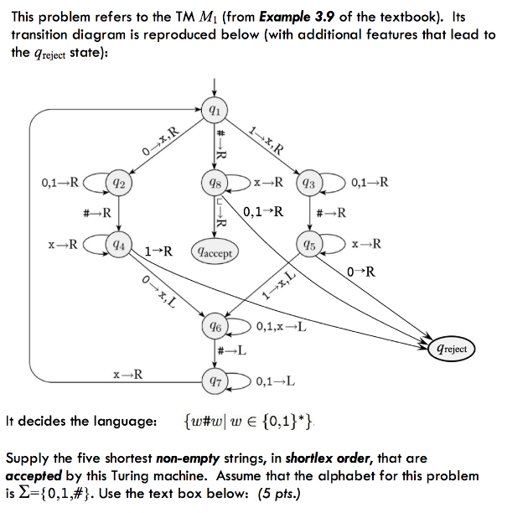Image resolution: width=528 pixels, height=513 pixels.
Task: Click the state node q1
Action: (215, 109)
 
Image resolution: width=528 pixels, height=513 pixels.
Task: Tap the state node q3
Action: (308, 182)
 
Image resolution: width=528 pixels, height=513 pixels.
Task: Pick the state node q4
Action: (119, 246)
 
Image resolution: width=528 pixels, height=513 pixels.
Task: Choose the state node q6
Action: (215, 326)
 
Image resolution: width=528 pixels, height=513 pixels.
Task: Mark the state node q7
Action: (215, 381)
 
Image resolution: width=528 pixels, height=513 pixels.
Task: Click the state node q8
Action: (215, 182)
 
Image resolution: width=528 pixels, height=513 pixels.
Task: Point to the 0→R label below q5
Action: (360, 272)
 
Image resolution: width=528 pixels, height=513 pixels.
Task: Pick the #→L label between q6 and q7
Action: (231, 350)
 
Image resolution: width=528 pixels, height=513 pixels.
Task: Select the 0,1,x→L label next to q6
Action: (280, 326)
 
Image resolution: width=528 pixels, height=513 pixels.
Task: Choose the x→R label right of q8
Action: (267, 181)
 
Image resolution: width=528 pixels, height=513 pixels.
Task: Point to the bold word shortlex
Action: (313, 459)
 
